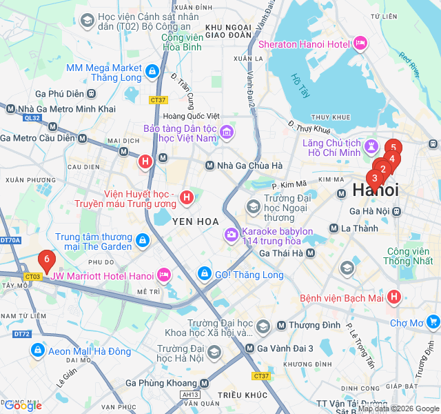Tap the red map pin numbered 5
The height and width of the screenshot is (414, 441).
tap(393, 147)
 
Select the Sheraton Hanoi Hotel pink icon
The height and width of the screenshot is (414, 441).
tap(360, 44)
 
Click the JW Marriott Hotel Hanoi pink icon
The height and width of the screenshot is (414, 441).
tap(163, 276)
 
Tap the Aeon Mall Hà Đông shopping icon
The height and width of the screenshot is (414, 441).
tap(37, 351)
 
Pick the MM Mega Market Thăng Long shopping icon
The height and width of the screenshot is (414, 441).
tap(152, 69)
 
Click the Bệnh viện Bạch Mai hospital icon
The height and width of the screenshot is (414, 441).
tap(393, 298)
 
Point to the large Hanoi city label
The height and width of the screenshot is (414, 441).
tap(375, 190)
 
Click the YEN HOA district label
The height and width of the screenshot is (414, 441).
tap(195, 221)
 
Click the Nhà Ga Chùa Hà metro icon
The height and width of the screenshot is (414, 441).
tap(211, 166)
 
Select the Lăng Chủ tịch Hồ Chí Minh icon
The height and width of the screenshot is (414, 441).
tap(371, 146)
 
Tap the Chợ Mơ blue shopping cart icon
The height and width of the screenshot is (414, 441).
tap(433, 322)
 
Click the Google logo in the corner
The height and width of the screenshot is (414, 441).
tap(22, 406)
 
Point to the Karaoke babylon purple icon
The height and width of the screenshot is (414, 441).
tap(230, 236)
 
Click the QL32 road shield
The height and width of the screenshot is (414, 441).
tap(32, 118)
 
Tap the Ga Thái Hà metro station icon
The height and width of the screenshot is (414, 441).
tap(310, 253)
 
